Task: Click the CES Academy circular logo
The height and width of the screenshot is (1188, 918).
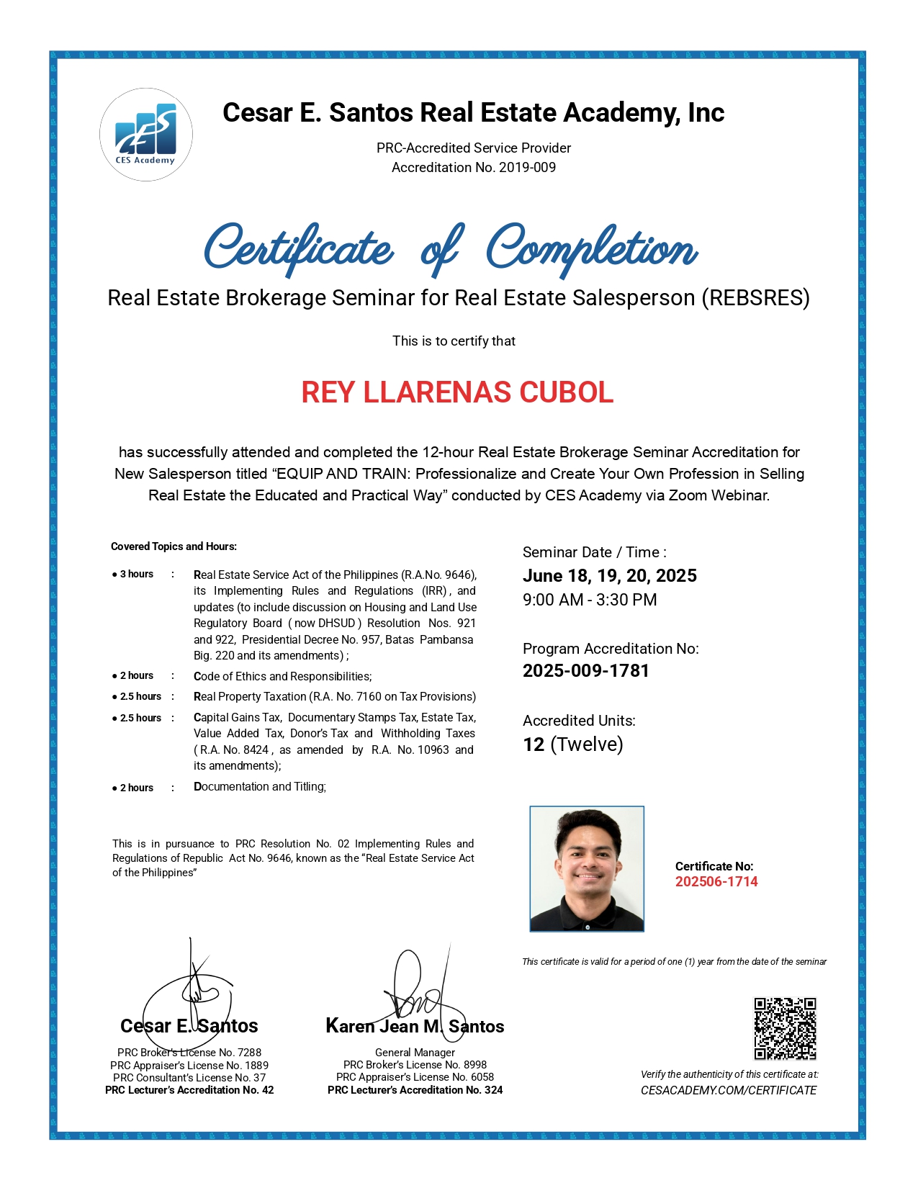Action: pos(146,135)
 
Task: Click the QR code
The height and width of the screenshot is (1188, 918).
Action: pos(785,1028)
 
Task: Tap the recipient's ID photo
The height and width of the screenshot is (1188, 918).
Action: pos(587,869)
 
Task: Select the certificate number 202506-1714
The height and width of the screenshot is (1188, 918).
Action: pos(716,882)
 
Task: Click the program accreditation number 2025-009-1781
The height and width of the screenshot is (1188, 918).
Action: pos(586,671)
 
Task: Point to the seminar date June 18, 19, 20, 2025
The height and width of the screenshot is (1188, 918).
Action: pos(610,576)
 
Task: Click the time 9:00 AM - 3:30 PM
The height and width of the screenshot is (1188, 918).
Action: pos(590,600)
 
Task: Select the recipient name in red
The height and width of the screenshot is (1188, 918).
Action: pos(457,392)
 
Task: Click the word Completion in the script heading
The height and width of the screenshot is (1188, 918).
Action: pos(592,249)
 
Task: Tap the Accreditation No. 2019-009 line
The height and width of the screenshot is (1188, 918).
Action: pos(474,168)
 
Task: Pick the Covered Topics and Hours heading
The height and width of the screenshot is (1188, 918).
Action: pos(174,546)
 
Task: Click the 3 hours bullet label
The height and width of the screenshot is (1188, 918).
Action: pos(136,575)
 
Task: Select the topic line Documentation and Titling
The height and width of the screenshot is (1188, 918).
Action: pos(260,787)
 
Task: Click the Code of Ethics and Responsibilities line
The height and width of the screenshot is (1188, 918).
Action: pos(282,677)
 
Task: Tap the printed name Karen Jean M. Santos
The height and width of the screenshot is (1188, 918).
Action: pos(415,1027)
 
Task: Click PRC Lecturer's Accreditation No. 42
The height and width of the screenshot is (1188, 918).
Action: pos(189,1090)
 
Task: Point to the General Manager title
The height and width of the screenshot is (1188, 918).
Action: pos(415,1053)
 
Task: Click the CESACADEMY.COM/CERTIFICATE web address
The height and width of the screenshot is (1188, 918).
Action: pos(729,1091)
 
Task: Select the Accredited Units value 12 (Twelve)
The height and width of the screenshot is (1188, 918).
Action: pos(573,744)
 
